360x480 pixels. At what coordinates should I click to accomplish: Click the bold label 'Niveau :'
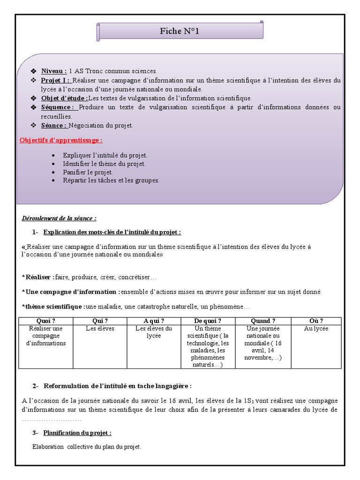pyautogui.click(x=54, y=71)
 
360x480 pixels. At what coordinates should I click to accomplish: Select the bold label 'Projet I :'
pyautogui.click(x=55, y=80)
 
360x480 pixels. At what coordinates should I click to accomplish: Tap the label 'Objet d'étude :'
pyautogui.click(x=64, y=98)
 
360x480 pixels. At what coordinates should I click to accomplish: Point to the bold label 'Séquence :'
pyautogui.click(x=58, y=107)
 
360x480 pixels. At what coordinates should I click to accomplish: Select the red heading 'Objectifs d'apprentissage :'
pyautogui.click(x=61, y=140)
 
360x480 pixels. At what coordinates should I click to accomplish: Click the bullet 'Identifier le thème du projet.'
pyautogui.click(x=104, y=164)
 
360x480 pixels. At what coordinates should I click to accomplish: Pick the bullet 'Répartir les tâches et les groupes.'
pyautogui.click(x=111, y=180)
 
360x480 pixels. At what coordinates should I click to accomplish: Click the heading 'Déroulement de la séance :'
pyautogui.click(x=59, y=218)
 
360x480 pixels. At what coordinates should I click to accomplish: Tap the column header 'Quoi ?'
pyautogui.click(x=46, y=321)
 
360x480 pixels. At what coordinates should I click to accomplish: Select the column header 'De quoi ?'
pyautogui.click(x=208, y=321)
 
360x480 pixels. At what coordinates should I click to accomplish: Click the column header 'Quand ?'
pyautogui.click(x=263, y=321)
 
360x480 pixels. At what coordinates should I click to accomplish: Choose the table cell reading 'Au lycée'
pyautogui.click(x=316, y=329)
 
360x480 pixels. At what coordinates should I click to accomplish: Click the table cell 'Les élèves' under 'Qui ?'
pyautogui.click(x=100, y=329)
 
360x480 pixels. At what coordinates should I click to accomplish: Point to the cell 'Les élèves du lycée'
pyautogui.click(x=154, y=332)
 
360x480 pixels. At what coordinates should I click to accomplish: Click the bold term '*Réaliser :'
pyautogui.click(x=38, y=277)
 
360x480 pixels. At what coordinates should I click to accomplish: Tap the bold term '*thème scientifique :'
pyautogui.click(x=53, y=307)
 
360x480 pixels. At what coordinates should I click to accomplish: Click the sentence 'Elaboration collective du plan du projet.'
pyautogui.click(x=87, y=447)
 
